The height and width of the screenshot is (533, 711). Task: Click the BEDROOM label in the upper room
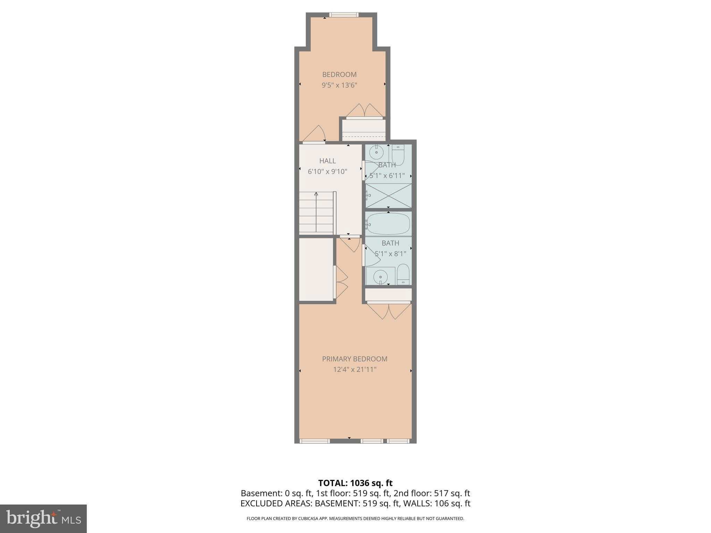click(339, 74)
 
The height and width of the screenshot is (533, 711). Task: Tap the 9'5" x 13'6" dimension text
click(339, 85)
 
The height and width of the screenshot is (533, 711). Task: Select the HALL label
click(327, 161)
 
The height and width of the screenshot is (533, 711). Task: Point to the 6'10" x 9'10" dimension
click(327, 171)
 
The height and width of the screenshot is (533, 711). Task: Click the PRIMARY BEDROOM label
click(354, 359)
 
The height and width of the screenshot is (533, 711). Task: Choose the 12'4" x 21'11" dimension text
click(354, 370)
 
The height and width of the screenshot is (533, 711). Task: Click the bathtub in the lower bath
click(388, 224)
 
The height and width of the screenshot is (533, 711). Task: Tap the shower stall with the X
click(389, 196)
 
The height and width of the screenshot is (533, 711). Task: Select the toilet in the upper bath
click(398, 155)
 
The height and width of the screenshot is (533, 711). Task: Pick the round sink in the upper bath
click(376, 152)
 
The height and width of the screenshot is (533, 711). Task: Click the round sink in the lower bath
click(380, 277)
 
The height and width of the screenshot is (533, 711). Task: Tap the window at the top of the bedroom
click(344, 15)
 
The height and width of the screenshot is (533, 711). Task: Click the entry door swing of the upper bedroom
click(315, 134)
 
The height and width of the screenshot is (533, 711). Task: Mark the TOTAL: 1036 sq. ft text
click(355, 483)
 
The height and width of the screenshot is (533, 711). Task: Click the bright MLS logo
click(43, 518)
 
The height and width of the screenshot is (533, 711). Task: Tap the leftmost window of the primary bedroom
click(315, 441)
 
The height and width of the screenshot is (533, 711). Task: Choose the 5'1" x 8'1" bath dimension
click(390, 254)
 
